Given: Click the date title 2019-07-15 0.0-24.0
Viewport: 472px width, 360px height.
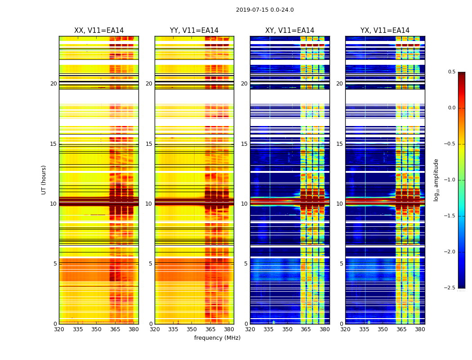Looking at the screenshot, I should [265, 10].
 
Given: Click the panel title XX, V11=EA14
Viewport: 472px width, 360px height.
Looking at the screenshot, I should [99, 31].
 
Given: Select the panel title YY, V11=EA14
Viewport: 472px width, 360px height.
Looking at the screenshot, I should [194, 31].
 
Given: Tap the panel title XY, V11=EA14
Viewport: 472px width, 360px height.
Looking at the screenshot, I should [289, 31].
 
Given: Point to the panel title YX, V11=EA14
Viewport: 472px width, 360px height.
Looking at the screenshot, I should [385, 31].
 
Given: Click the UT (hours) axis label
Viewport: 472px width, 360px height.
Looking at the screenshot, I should [44, 180].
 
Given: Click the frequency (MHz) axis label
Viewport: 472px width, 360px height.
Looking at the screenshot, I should [217, 338].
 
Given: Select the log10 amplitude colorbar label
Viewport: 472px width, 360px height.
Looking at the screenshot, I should [436, 180].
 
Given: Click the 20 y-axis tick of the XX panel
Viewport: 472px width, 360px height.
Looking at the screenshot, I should [53, 84].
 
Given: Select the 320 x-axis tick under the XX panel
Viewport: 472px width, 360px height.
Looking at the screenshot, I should [59, 329].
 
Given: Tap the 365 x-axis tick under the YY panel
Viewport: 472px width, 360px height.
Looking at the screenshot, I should [210, 329].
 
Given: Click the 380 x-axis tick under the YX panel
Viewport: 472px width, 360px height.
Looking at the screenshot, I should [420, 329].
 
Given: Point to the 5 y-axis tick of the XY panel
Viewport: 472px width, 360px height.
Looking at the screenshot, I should [245, 264].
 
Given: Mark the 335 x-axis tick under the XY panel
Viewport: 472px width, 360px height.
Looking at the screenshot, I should [269, 329].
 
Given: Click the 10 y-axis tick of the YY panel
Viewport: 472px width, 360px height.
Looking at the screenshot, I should [149, 204].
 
